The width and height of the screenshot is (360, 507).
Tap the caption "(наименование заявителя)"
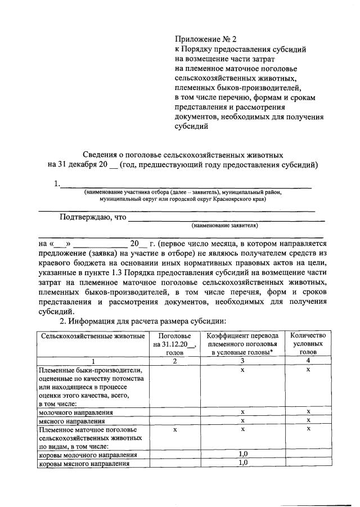(224, 225)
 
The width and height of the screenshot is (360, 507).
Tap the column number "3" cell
(242, 361)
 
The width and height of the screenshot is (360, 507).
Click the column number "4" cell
(308, 361)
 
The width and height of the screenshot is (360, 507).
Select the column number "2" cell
(175, 361)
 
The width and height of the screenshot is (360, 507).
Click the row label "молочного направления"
(75, 412)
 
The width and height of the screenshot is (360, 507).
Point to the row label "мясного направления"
(71, 421)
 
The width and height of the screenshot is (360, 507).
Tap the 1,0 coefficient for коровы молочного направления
(242, 454)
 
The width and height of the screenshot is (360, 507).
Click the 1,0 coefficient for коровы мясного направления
(242, 463)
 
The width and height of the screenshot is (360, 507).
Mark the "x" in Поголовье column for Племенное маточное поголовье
(175, 429)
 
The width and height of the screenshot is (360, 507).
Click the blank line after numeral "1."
(186, 185)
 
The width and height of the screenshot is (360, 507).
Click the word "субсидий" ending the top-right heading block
(192, 127)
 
